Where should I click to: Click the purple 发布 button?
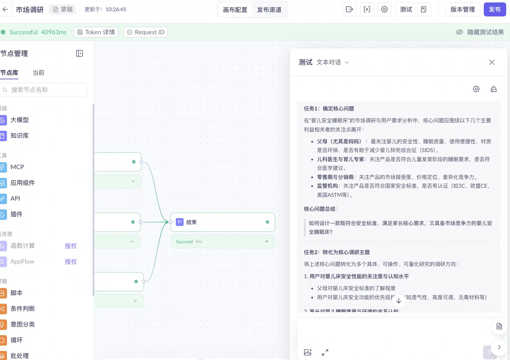[x=495, y=10]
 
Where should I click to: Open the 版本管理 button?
[x=462, y=10]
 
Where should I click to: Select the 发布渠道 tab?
[x=269, y=10]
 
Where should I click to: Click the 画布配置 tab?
[x=235, y=10]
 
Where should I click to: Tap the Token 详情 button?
[x=96, y=32]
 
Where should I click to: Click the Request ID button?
[x=145, y=32]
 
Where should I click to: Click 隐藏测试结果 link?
[x=480, y=32]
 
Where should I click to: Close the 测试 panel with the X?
[x=491, y=62]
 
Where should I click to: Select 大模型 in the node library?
[x=20, y=120]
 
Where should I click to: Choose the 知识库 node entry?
[x=20, y=136]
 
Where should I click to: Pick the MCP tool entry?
[x=17, y=167]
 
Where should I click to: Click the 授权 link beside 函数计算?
[x=71, y=246]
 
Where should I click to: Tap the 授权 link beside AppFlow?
[x=71, y=262]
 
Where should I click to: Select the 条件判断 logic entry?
[x=22, y=309]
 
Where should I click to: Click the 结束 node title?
[x=191, y=222]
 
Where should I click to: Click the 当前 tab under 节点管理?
[x=38, y=73]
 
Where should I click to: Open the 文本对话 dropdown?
[x=333, y=62]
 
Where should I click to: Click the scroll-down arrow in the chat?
[x=399, y=301]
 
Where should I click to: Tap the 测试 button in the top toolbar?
[x=406, y=10]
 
